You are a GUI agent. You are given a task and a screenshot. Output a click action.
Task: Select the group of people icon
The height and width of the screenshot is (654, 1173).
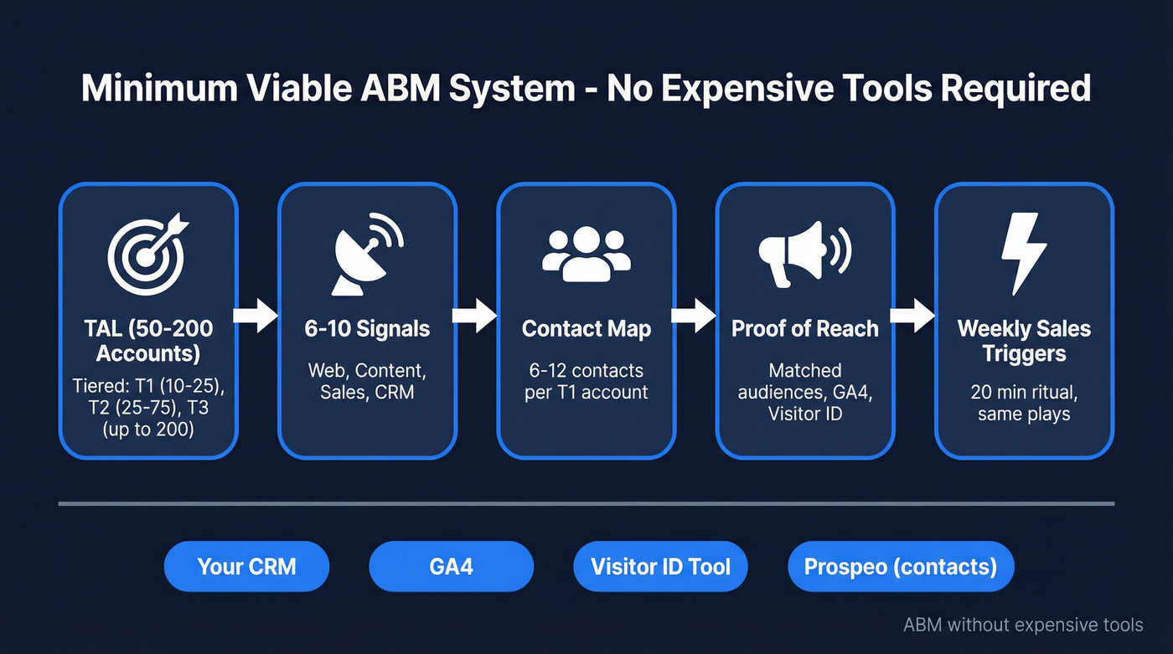click(x=586, y=254)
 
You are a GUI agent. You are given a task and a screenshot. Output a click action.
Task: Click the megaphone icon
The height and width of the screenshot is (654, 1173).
click(x=804, y=251)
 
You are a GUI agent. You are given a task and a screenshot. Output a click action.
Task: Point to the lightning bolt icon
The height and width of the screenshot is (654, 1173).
click(x=1024, y=252)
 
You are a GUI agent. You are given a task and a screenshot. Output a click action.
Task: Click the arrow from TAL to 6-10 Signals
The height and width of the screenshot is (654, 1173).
click(x=256, y=316)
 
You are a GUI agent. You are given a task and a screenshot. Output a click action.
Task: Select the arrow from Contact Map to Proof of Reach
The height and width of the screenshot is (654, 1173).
click(x=695, y=316)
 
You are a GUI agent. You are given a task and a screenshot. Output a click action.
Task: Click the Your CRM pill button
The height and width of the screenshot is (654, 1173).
click(x=247, y=567)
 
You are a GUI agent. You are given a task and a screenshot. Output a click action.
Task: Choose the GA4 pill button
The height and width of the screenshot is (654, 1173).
click(x=451, y=567)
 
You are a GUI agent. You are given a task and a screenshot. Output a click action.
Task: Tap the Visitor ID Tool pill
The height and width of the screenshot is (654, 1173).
click(x=660, y=567)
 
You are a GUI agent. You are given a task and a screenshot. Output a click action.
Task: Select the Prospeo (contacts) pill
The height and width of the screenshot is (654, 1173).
click(x=901, y=567)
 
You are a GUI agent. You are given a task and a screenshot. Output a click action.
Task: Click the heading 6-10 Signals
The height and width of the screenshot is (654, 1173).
click(x=367, y=328)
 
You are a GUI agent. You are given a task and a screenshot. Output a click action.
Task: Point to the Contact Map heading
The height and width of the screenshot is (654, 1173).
click(x=586, y=328)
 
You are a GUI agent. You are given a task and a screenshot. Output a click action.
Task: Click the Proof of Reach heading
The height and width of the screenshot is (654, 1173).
click(x=804, y=328)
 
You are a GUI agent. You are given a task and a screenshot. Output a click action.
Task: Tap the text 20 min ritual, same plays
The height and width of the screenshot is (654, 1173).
click(x=1024, y=403)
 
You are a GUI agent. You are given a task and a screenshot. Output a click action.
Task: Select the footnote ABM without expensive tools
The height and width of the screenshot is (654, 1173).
click(x=1023, y=625)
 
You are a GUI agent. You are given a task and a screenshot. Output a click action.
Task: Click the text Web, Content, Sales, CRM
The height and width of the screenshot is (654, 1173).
click(x=367, y=381)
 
